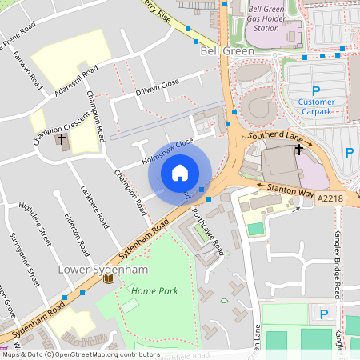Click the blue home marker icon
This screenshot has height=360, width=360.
click(180, 173)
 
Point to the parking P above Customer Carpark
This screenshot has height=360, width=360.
click(316, 90)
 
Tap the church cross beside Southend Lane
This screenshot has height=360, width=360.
click(299, 149)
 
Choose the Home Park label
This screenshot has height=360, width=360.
click(154, 291)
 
